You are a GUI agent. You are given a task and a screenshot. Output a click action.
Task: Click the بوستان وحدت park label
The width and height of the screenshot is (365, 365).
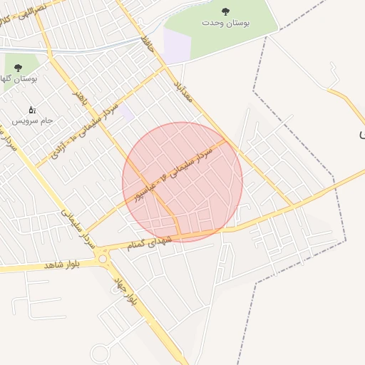point(226,24)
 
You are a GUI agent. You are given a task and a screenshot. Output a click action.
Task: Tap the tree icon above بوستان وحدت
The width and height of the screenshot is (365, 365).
point(226,11)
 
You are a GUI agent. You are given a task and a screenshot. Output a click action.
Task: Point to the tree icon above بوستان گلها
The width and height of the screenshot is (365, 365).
point(18,68)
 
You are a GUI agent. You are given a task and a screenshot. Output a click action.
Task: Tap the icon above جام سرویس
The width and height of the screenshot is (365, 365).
point(31,110)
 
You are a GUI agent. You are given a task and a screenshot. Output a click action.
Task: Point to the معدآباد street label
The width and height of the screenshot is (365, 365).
point(183,91)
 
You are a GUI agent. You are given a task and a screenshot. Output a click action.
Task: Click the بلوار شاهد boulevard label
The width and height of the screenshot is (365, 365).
point(63,264)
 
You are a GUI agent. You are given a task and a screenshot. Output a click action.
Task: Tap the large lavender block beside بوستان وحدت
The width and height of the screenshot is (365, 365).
point(177,46)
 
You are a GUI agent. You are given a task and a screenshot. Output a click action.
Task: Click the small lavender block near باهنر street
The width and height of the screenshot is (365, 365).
point(126,112)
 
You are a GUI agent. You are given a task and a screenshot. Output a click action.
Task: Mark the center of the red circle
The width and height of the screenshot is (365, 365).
point(182,182)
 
